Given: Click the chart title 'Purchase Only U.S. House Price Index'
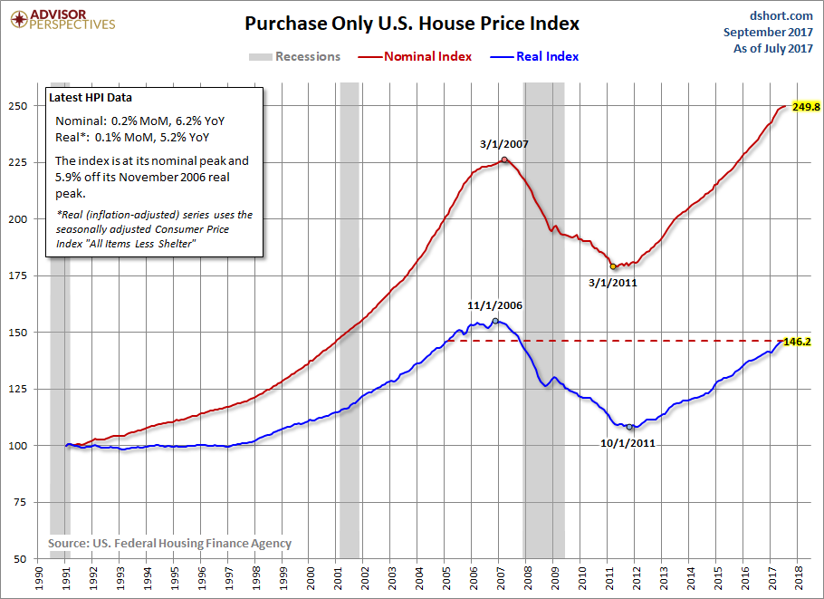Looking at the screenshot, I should [x=412, y=24].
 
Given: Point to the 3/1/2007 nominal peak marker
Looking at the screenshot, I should [x=504, y=159].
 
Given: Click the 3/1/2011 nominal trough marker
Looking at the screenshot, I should [x=613, y=266].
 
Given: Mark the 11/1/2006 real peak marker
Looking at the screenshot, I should [x=495, y=321].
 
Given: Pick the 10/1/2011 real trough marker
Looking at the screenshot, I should [x=629, y=426].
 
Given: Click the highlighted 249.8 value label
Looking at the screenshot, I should [x=805, y=106].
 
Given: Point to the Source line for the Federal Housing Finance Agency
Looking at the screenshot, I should [x=169, y=543].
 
